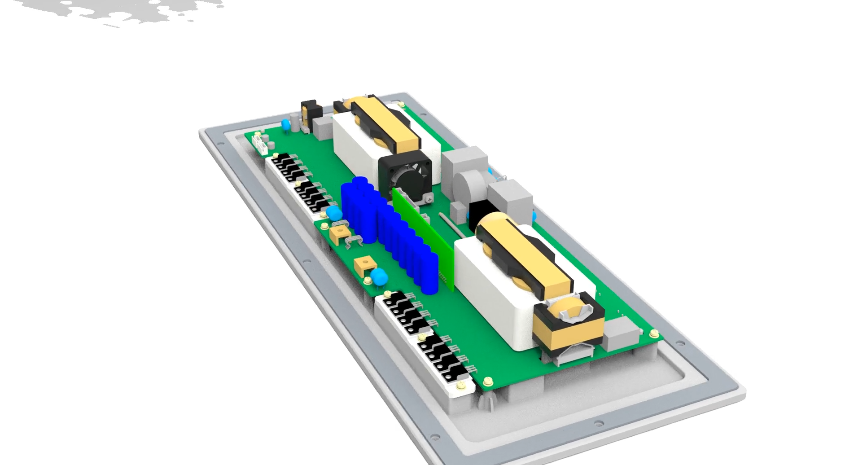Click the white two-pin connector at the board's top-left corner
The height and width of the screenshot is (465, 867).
[x=260, y=144]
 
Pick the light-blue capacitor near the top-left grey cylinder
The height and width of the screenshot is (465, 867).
[x=285, y=124]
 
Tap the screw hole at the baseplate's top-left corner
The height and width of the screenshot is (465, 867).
[x=220, y=144]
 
